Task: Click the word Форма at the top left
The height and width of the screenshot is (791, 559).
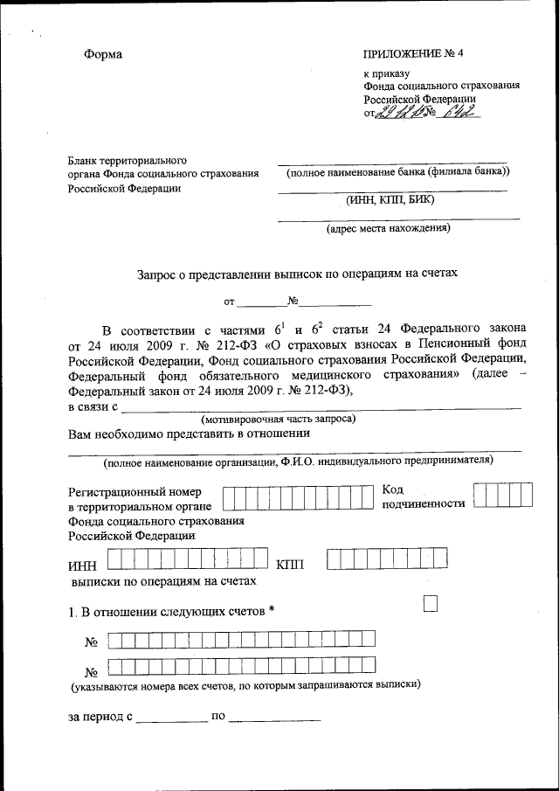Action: click(x=103, y=54)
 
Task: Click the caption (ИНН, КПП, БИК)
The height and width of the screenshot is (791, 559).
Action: click(x=390, y=200)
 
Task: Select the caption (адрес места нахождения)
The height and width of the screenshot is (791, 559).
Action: click(x=389, y=230)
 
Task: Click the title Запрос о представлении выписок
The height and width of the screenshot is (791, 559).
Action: click(x=297, y=273)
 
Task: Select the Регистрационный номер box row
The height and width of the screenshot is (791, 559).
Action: click(x=299, y=497)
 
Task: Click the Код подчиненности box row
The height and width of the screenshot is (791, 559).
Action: click(x=503, y=495)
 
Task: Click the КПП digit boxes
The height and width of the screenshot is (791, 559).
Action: click(x=387, y=559)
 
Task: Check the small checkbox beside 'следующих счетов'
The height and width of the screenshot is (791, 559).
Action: click(x=430, y=604)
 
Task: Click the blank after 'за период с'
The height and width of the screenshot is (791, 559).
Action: click(x=171, y=719)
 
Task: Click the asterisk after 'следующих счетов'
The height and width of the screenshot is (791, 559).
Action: click(x=273, y=609)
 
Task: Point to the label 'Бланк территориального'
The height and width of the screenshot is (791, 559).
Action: click(x=128, y=161)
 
